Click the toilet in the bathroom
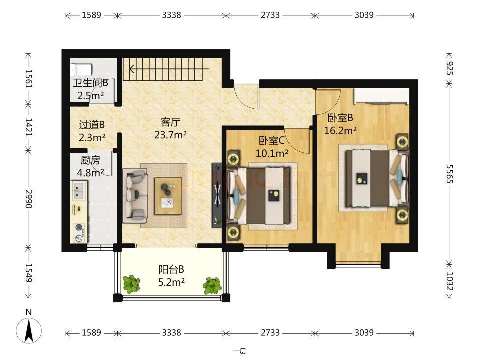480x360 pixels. tap(81, 70)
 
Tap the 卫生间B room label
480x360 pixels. tap(90, 83)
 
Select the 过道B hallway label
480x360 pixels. tap(92, 125)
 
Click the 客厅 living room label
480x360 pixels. tap(170, 122)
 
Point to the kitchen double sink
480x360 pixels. tap(79, 191)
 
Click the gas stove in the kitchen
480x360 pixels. tap(79, 232)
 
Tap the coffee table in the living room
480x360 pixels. tap(168, 196)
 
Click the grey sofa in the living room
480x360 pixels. tap(135, 196)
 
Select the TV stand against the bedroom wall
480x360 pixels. tap(217, 195)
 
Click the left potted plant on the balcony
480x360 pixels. tap(131, 284)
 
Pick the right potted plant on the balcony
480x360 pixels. tap(212, 286)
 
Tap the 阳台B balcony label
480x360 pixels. tap(171, 269)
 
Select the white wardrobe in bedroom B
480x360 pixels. tap(381, 96)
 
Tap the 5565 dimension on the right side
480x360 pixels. tap(449, 174)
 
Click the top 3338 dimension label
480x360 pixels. tap(171, 15)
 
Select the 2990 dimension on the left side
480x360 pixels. tap(29, 199)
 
